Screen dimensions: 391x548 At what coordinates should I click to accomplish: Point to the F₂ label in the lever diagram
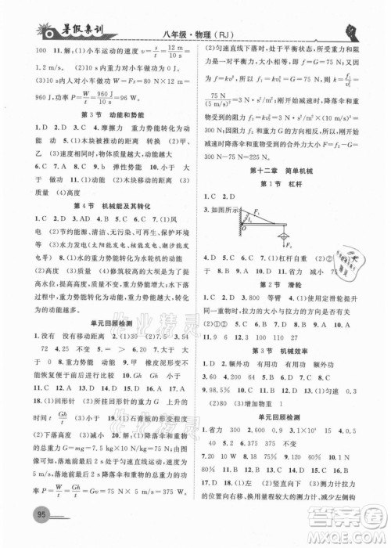click(289, 243)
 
